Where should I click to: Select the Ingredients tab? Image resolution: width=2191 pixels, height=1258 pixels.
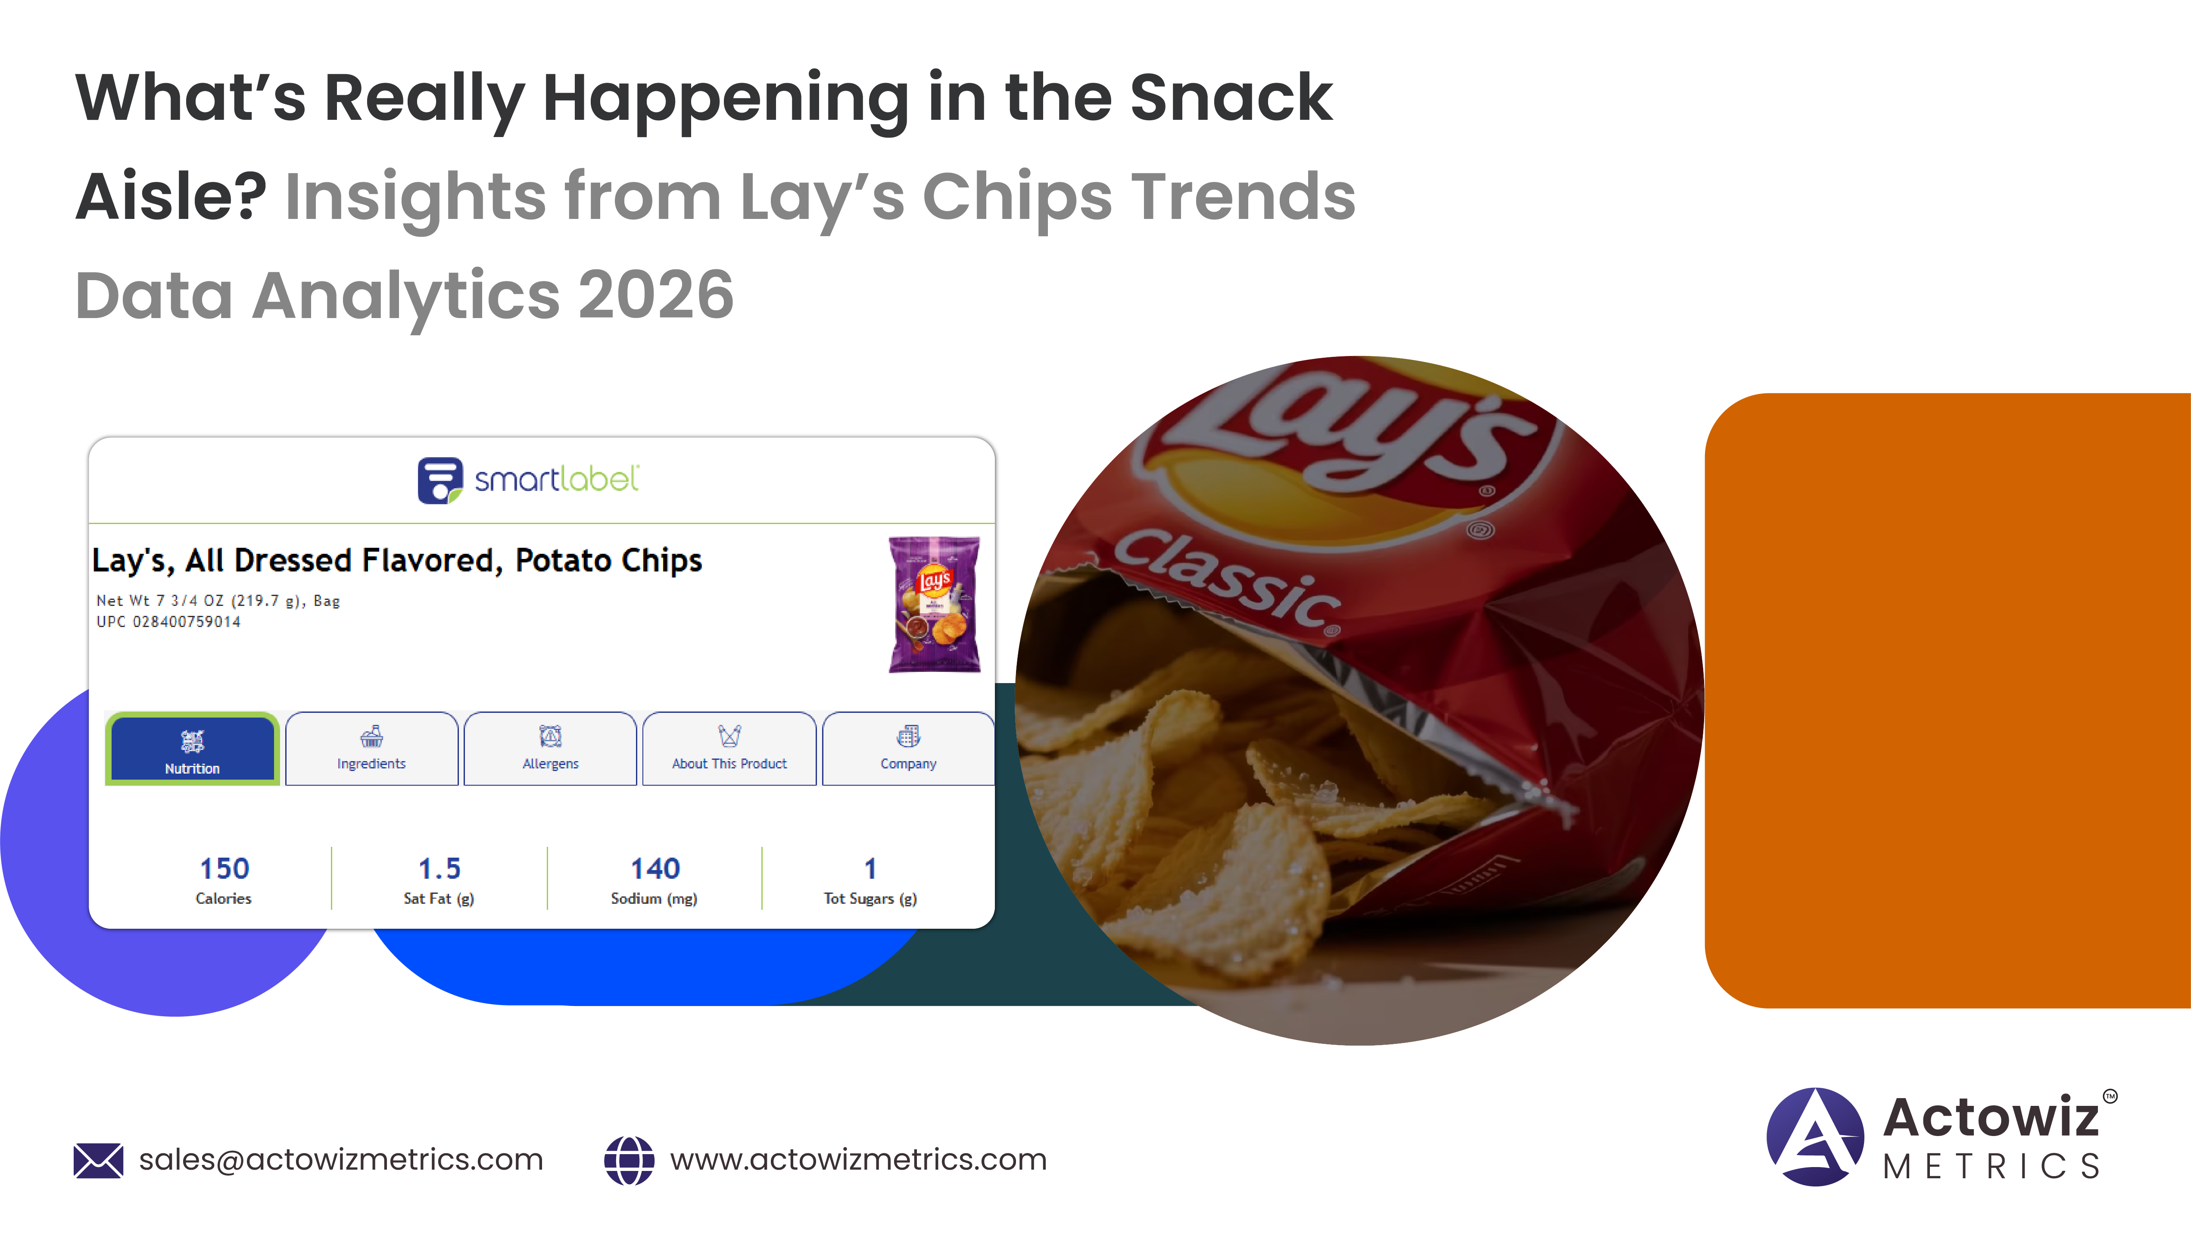[x=371, y=748]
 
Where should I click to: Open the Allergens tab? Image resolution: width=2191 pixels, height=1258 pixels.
[x=550, y=748]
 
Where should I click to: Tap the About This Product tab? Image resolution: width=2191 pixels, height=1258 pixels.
[x=729, y=748]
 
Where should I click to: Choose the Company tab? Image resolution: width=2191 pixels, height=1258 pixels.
[x=908, y=748]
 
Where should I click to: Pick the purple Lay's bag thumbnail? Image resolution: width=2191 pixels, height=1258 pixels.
[x=935, y=604]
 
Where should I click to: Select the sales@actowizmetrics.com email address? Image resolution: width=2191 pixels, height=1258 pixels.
[x=341, y=1159]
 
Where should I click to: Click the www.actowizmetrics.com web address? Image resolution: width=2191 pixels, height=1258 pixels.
[x=858, y=1159]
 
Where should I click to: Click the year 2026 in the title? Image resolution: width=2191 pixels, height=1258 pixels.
[x=655, y=296]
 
